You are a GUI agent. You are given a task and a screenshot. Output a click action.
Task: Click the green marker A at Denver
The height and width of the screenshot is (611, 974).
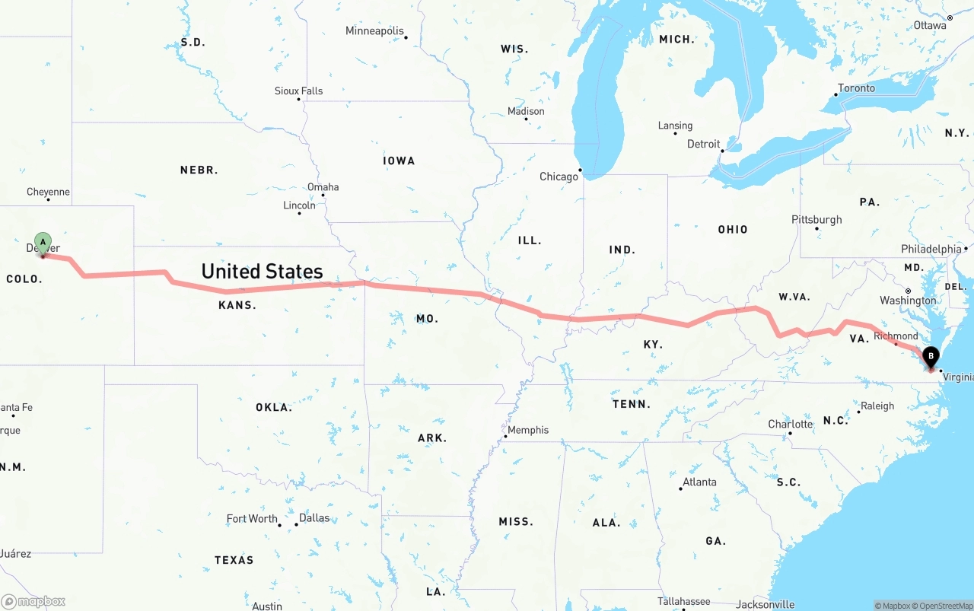point(43,243)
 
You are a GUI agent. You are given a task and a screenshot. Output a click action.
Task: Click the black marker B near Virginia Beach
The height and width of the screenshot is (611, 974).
point(931,356)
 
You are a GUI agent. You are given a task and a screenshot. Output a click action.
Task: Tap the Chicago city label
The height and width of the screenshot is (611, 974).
point(559,177)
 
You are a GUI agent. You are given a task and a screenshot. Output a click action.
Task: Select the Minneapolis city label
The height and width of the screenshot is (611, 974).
point(374,31)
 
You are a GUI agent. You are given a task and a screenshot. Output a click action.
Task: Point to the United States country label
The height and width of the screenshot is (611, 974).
point(262,272)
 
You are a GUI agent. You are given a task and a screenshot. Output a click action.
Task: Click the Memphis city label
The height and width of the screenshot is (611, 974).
point(528,430)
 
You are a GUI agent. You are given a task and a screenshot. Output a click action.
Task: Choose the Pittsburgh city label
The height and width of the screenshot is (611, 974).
point(816,219)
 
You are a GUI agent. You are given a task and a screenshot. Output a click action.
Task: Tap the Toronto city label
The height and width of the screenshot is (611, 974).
point(857,88)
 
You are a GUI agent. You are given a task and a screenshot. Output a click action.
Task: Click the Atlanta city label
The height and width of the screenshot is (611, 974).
point(699,482)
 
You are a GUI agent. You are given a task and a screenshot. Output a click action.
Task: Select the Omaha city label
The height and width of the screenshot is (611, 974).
point(323,187)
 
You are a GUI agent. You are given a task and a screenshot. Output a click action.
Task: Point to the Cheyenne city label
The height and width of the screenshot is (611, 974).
point(48,192)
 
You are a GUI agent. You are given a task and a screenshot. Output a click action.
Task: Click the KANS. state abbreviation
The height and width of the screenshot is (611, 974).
point(237,305)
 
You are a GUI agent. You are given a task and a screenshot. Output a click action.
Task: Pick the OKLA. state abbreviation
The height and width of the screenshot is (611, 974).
point(274,408)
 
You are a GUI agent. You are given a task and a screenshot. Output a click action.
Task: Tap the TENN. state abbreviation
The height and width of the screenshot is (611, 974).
point(632,404)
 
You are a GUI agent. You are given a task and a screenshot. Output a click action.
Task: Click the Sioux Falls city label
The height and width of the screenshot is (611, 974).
point(298,91)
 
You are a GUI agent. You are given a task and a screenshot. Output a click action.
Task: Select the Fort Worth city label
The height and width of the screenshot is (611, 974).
point(252,518)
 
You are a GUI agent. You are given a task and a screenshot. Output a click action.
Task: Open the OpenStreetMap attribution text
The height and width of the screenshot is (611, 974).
point(944,606)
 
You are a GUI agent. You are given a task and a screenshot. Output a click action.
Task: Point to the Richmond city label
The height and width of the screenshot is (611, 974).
point(896,336)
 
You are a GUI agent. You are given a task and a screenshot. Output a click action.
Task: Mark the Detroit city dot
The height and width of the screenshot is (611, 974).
point(723,151)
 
